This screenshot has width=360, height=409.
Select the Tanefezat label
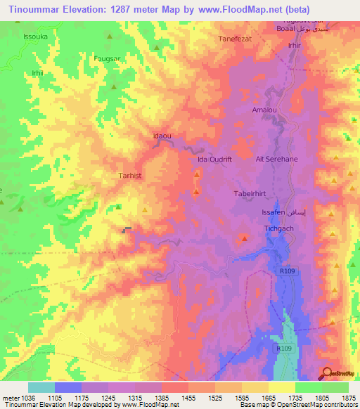[236, 39]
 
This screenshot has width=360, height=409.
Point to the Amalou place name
[265, 110]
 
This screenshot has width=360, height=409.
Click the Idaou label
[162, 135]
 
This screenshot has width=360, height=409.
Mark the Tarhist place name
[131, 176]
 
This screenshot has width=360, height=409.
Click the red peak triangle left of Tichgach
[244, 239]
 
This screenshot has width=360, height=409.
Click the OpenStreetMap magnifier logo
[327, 373]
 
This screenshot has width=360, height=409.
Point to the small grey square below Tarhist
[127, 229]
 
